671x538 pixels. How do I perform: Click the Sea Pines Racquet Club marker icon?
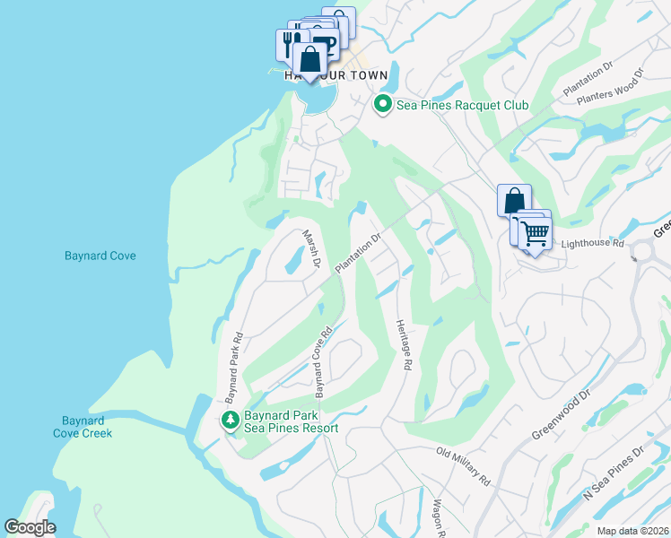tap(383, 105)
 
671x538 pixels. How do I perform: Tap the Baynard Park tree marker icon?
tap(231, 419)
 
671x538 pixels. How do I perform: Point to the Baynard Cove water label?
tap(100, 256)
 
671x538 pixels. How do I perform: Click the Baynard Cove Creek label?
tap(87, 427)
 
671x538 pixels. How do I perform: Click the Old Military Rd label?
tap(463, 466)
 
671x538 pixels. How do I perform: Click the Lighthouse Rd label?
tap(592, 243)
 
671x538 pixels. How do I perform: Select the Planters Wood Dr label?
tap(612, 88)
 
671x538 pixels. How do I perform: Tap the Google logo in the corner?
tap(30, 527)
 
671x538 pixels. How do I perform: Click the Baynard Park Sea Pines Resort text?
tap(292, 421)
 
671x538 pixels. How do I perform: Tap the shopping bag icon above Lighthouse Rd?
tap(514, 199)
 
